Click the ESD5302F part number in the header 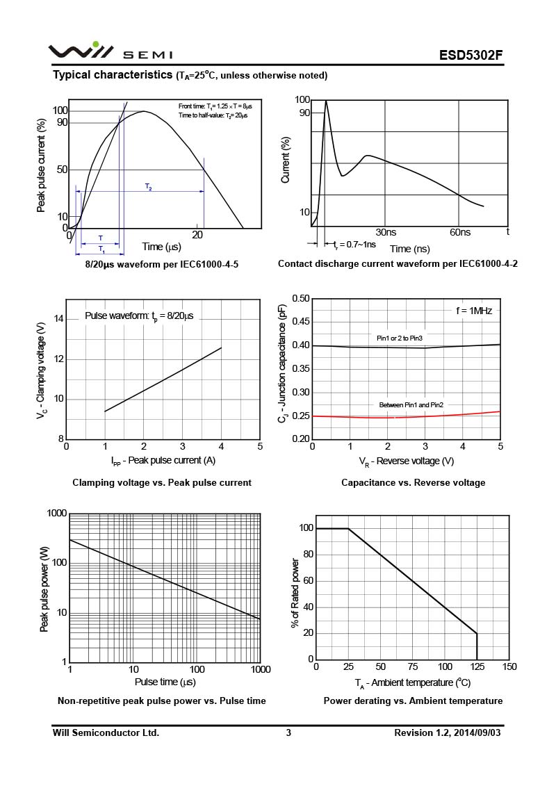point(471,56)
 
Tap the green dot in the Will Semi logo point(95,44)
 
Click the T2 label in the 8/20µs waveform point(149,187)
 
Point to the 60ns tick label point(459,232)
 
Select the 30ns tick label point(386,232)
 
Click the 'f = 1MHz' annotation point(474,311)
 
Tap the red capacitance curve point(417,416)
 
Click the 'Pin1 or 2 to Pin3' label point(400,338)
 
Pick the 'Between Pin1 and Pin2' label point(411,404)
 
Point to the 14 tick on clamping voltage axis point(58,319)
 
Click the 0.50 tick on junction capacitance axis point(300,299)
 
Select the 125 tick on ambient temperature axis point(477,667)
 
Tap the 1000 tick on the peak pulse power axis point(56,514)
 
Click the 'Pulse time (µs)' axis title point(165,682)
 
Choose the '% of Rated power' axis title point(295,593)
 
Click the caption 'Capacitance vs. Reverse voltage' point(414,482)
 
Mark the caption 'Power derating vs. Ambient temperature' point(413,701)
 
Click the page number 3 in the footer point(288,732)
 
